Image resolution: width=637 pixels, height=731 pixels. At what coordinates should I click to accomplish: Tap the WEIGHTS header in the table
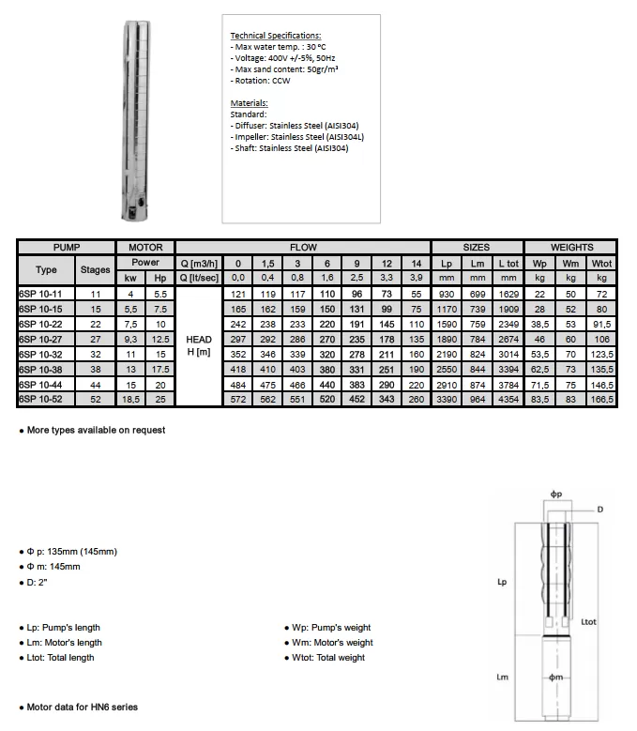tap(571, 247)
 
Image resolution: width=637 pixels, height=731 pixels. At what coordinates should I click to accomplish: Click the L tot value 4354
tap(508, 400)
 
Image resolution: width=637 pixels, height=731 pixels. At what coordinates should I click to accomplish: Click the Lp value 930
tap(447, 295)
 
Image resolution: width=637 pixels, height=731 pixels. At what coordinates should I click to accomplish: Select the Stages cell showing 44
tap(95, 385)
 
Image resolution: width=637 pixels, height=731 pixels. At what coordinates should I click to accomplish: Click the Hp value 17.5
tap(160, 370)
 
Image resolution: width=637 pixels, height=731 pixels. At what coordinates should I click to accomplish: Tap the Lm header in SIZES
tap(478, 264)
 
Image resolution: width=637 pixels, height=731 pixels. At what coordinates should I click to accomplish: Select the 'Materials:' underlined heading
tap(249, 102)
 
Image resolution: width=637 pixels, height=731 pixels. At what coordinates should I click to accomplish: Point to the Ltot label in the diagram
tap(589, 622)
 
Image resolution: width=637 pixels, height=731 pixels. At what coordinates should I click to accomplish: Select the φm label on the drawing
tap(555, 678)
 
